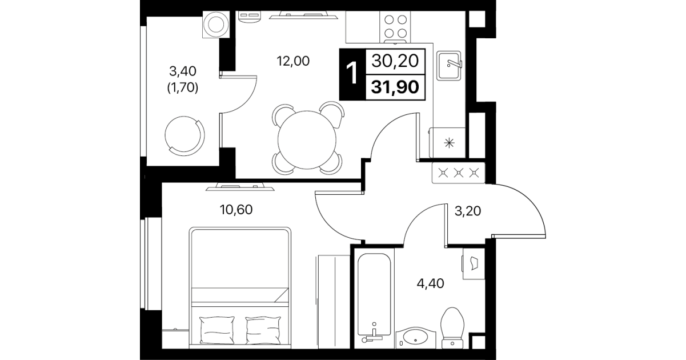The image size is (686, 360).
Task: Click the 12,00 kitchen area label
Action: pyautogui.click(x=293, y=61)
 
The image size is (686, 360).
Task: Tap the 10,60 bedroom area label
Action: pyautogui.click(x=236, y=210)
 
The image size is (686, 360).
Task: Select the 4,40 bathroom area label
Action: pyautogui.click(x=430, y=283)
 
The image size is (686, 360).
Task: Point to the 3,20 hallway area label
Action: pyautogui.click(x=468, y=211)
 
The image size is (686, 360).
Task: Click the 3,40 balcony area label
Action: pyautogui.click(x=183, y=71)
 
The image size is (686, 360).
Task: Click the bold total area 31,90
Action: pyautogui.click(x=395, y=87)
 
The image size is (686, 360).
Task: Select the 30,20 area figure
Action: pyautogui.click(x=395, y=61)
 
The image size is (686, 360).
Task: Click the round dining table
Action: pyautogui.click(x=307, y=139)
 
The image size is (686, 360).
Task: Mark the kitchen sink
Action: pyautogui.click(x=449, y=66)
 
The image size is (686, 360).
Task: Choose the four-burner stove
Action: pyautogui.click(x=395, y=27)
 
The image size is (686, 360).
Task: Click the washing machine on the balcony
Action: pyautogui.click(x=216, y=25)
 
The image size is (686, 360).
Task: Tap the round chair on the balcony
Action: pyautogui.click(x=184, y=136)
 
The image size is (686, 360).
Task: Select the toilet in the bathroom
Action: pyautogui.click(x=452, y=328)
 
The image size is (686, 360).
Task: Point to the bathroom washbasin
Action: pyautogui.click(x=416, y=338)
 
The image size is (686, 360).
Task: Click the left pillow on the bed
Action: pyautogui.click(x=217, y=330)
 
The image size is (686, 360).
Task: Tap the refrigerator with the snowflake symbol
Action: pyautogui.click(x=447, y=143)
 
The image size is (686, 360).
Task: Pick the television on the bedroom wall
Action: pyautogui.click(x=240, y=187)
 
